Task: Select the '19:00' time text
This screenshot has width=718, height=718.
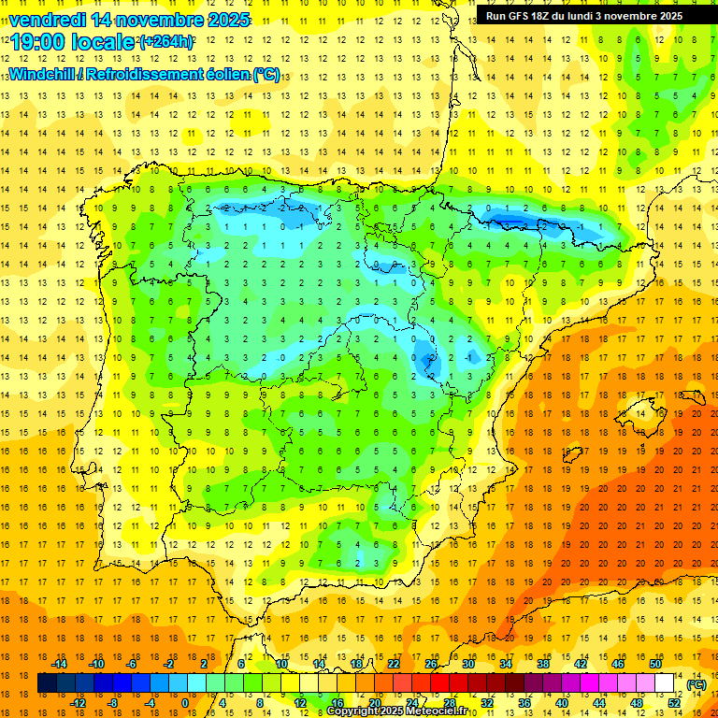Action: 36,42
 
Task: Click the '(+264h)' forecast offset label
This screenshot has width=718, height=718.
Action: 166,42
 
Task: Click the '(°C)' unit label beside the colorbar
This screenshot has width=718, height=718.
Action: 696,684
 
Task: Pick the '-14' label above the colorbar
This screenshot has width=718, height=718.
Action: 59,664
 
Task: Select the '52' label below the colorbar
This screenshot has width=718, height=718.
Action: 674,703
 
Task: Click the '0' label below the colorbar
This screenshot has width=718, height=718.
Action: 185,703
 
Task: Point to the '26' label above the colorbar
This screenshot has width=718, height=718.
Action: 431,664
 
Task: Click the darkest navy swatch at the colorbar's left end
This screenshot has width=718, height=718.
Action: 47,683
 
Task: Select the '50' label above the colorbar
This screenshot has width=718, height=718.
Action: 655,664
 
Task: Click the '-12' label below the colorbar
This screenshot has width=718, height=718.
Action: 78,703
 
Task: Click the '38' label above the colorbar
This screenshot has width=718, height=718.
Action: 543,664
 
